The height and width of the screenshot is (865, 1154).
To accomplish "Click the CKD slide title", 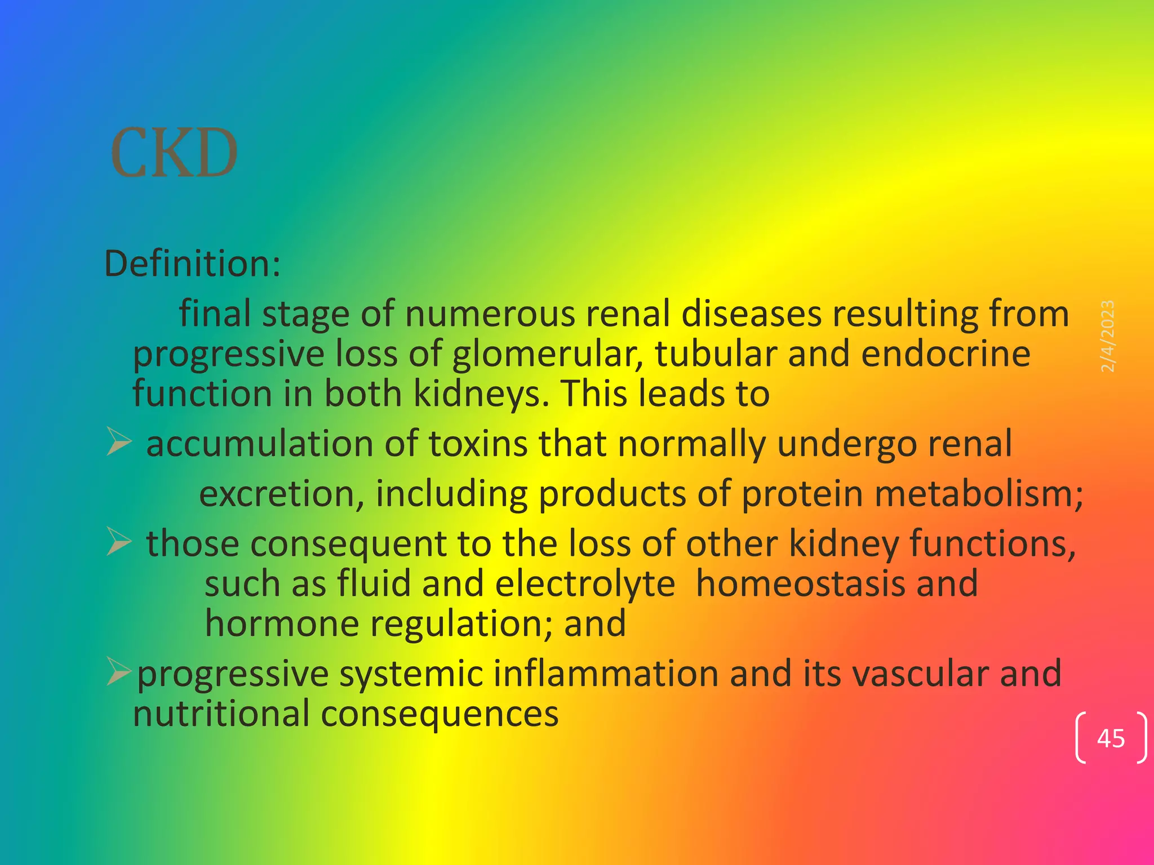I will [174, 153].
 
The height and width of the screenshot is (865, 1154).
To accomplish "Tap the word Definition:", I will [192, 264].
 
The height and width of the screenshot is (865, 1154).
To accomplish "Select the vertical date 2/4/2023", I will [1107, 336].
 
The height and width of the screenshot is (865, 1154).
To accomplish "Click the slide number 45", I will [1111, 738].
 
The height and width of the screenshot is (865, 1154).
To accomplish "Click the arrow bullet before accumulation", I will [119, 442].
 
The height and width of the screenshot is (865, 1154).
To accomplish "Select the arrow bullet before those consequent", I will [119, 542].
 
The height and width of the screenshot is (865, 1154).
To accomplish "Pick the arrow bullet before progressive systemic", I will [119, 672].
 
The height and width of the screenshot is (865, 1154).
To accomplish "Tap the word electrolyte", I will [584, 583].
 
